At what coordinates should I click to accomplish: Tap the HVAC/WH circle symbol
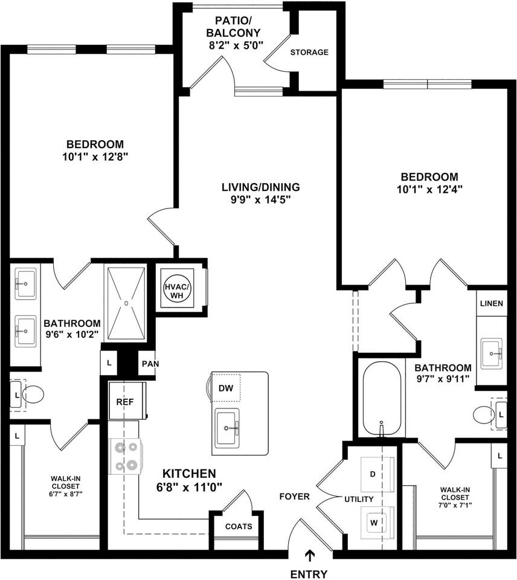[x=177, y=288]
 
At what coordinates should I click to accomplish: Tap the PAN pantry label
[x=148, y=364]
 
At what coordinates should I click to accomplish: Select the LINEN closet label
[x=491, y=303]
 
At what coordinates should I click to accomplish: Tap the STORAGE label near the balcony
[x=309, y=53]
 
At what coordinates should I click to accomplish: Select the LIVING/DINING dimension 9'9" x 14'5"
[x=260, y=199]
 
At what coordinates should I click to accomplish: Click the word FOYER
[x=295, y=497]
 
